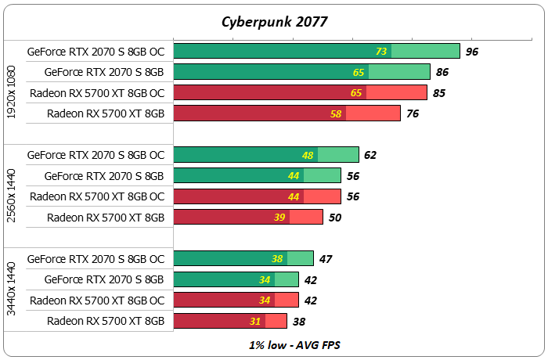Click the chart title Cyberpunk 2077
click(x=273, y=21)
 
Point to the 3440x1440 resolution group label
click(x=11, y=290)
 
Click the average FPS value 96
click(x=471, y=52)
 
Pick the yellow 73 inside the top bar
click(x=381, y=52)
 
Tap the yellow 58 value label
click(x=337, y=113)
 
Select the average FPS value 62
click(x=370, y=155)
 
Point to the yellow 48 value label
click(x=308, y=155)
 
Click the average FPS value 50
click(x=334, y=217)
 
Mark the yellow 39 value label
click(x=280, y=217)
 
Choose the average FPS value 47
click(x=325, y=258)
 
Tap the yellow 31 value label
click(x=256, y=321)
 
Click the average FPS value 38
click(x=298, y=321)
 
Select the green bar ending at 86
click(x=301, y=72)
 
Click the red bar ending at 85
click(x=300, y=93)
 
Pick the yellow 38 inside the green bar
click(x=277, y=258)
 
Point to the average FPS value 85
click(x=438, y=93)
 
